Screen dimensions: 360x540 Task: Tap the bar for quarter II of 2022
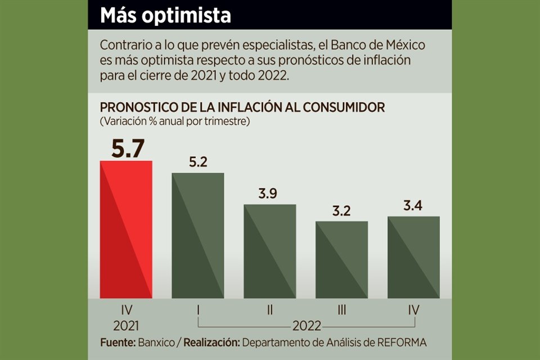pyautogui.click(x=269, y=251)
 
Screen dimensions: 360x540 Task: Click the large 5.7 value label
pyautogui.click(x=128, y=148)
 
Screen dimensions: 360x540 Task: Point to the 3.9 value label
pyautogui.click(x=269, y=194)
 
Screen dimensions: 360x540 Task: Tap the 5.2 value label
pyautogui.click(x=198, y=163)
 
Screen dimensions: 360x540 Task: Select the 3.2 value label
pyautogui.click(x=341, y=211)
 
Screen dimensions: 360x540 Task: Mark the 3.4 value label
pyautogui.click(x=413, y=206)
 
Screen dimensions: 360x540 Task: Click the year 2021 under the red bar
pyautogui.click(x=126, y=326)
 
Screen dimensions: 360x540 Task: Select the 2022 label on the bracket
pyautogui.click(x=306, y=326)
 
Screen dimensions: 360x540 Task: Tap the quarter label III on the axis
pyautogui.click(x=341, y=309)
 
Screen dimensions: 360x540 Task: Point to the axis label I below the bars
pyautogui.click(x=198, y=309)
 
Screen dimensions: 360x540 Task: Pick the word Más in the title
pyautogui.click(x=116, y=15)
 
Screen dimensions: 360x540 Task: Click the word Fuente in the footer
pyautogui.click(x=117, y=343)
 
